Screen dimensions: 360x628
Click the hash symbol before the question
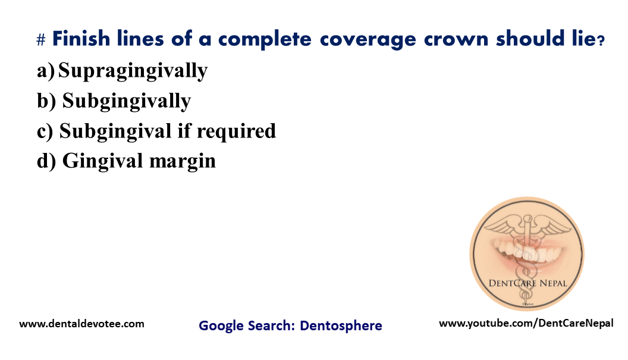tap(41, 40)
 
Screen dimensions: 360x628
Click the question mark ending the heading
tap(601, 40)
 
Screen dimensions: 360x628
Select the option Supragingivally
tap(133, 71)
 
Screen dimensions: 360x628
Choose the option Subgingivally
tap(126, 101)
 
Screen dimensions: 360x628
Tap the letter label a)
tap(46, 71)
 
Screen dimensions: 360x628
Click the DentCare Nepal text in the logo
tap(527, 283)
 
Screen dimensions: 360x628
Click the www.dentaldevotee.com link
tap(82, 324)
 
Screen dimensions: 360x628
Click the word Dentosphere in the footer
tap(341, 325)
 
